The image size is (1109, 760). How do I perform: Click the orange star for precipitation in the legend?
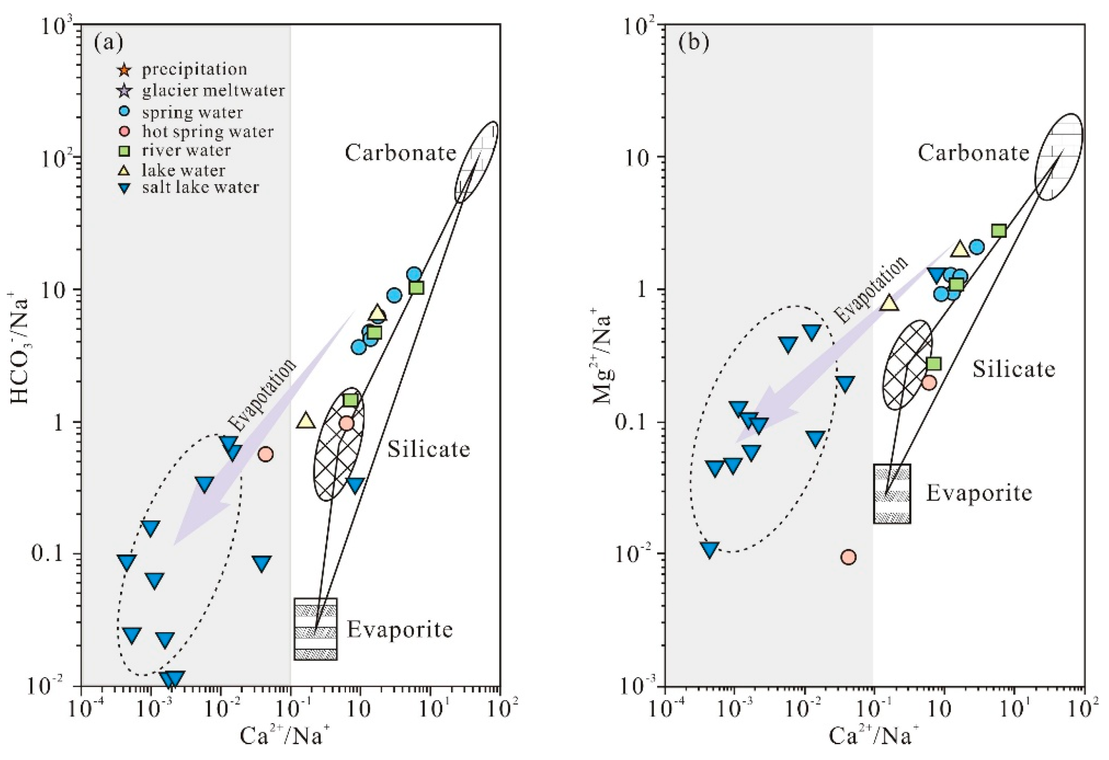tap(123, 70)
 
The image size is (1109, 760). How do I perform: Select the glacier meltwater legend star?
tap(123, 90)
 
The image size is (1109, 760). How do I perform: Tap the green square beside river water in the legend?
tap(124, 151)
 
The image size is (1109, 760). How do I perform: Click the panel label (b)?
tap(694, 43)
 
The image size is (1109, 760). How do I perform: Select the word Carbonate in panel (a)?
tap(400, 153)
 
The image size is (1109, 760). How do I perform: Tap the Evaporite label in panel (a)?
tap(399, 629)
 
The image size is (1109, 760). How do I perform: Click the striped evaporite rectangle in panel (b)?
tap(892, 493)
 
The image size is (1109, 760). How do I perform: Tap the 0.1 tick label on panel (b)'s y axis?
tap(640, 423)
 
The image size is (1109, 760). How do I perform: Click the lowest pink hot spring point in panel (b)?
tap(848, 557)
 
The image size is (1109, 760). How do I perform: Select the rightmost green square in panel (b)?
tap(999, 231)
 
